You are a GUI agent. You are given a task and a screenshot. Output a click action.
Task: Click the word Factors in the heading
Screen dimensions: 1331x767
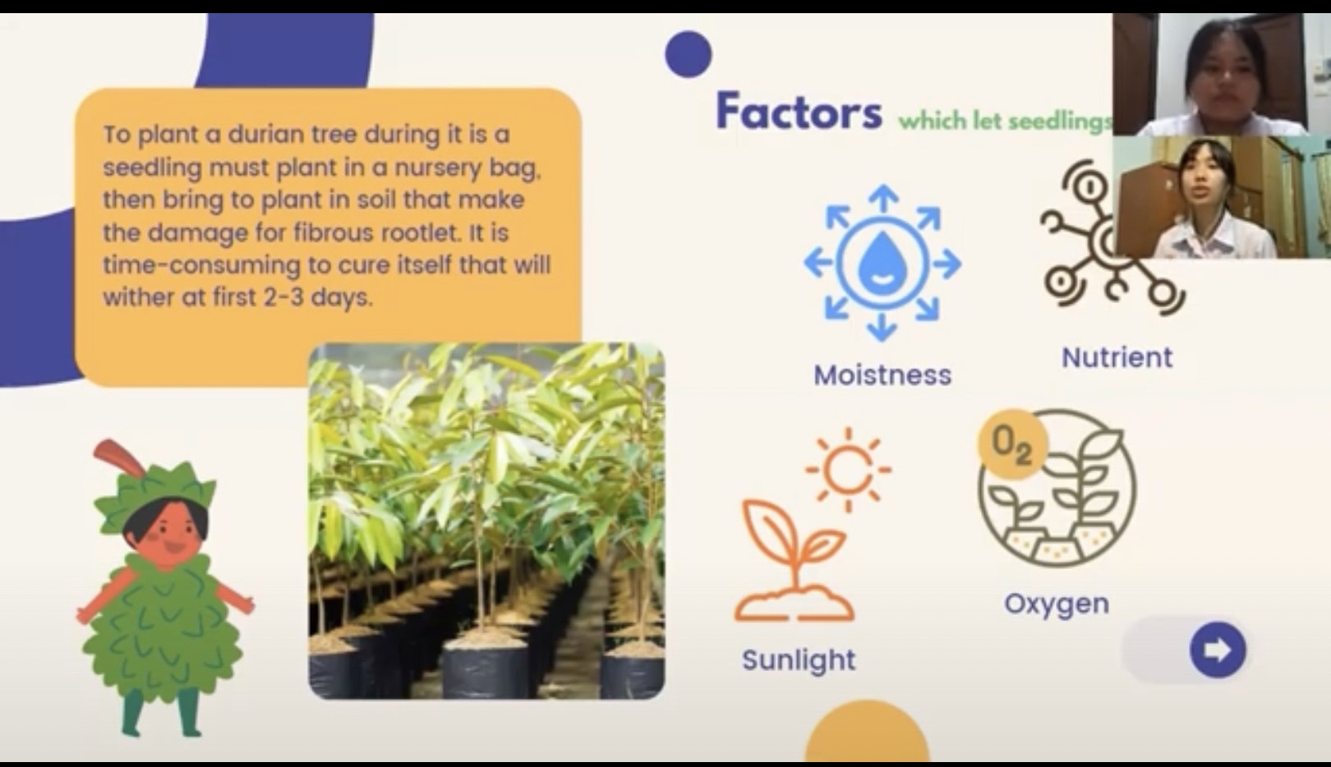point(799,111)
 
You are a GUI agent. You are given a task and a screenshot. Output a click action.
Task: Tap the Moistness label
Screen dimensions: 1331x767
point(882,375)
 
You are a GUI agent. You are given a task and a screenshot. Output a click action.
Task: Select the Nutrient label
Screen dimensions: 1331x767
point(1117,358)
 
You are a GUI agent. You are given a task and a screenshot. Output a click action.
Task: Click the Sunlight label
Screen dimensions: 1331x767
point(799,660)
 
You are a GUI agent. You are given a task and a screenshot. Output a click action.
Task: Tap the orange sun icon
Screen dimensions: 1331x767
point(848,470)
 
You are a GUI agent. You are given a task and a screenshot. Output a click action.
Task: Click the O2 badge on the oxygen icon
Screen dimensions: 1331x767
point(1012,443)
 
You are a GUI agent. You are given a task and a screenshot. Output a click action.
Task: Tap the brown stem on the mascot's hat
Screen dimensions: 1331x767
point(118,457)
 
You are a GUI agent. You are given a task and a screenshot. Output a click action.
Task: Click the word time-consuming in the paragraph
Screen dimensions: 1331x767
point(201,265)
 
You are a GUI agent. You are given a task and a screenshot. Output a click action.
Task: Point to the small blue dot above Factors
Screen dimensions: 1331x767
point(688,54)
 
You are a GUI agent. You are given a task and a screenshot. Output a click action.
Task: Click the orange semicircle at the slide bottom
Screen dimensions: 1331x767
point(867,732)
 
